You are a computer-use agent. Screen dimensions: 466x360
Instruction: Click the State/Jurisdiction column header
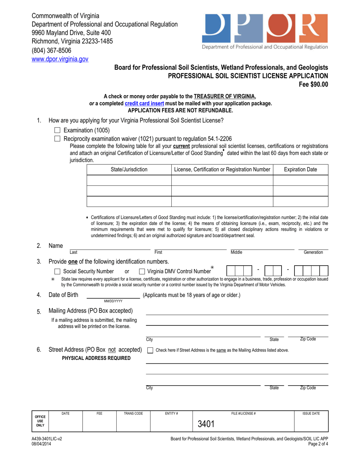(129, 169)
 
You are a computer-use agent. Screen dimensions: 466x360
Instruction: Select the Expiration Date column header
(301, 169)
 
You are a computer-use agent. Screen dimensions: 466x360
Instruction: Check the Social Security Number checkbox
(57, 271)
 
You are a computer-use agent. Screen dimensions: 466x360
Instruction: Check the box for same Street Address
(150, 350)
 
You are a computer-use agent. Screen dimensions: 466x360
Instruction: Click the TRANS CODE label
(133, 413)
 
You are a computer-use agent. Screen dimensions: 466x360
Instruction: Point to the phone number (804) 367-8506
(51, 50)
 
